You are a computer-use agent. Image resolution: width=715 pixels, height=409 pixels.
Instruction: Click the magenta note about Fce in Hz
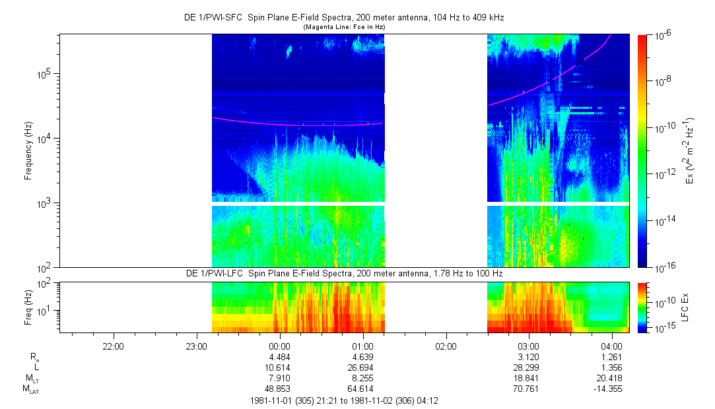point(343,27)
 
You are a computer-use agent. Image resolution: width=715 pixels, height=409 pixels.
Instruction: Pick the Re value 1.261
point(612,357)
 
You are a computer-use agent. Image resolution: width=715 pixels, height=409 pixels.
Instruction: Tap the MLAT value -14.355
point(609,389)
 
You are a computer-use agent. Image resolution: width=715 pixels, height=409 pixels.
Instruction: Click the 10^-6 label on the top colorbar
point(661,36)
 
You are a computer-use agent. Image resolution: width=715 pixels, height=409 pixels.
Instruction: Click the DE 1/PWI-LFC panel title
point(343,273)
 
